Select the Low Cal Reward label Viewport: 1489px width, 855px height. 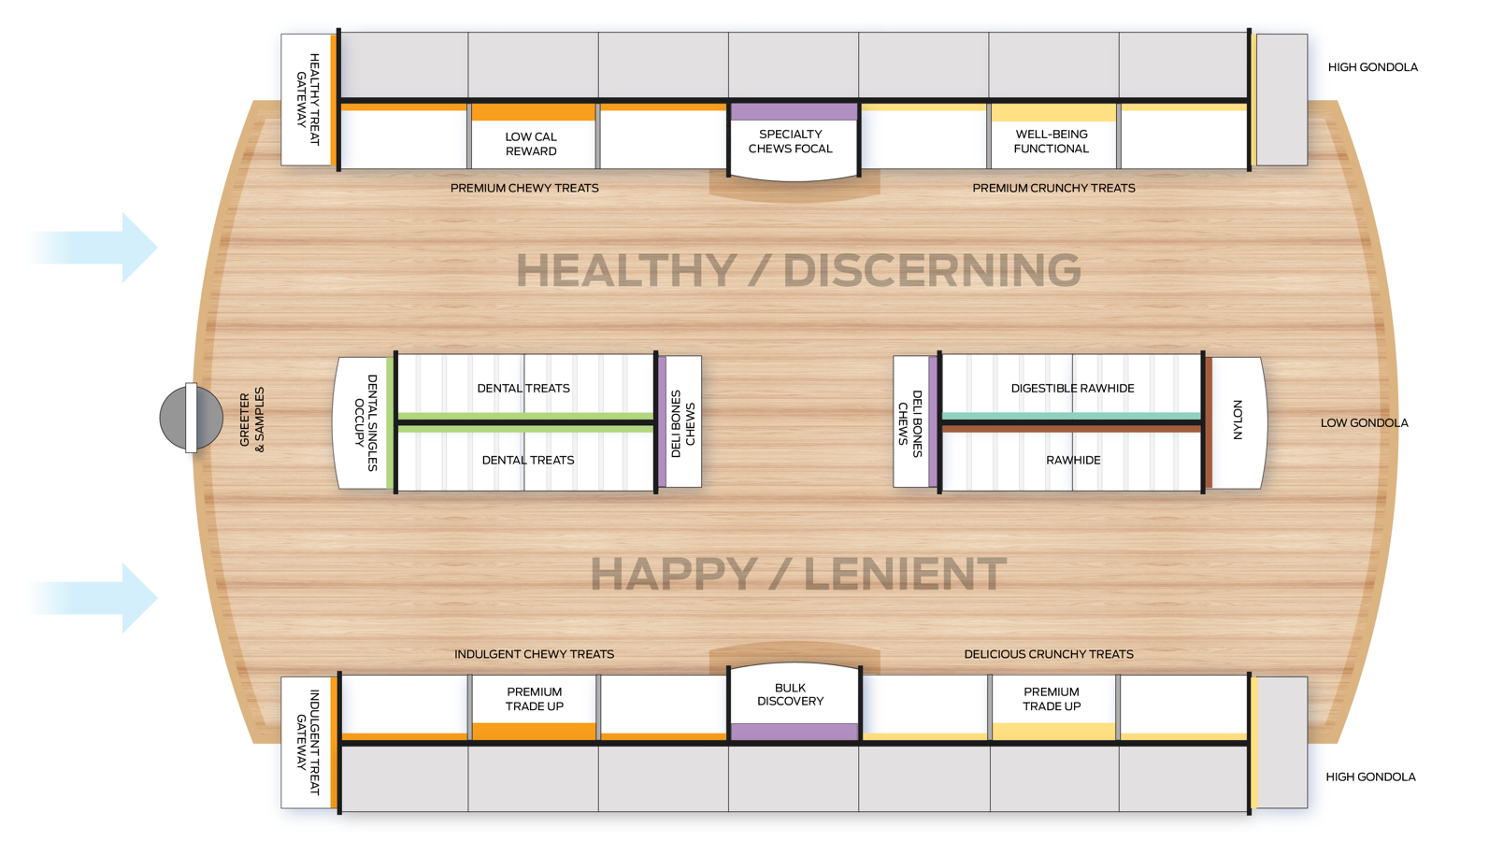tap(531, 144)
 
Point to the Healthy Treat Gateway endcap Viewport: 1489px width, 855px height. tap(308, 100)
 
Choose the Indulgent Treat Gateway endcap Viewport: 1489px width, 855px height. tap(308, 742)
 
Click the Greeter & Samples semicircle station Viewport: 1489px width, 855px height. tap(191, 418)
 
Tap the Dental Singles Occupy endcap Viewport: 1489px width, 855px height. tap(363, 423)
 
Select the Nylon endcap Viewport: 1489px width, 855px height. tap(1237, 423)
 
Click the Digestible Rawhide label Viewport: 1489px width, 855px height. tap(1072, 388)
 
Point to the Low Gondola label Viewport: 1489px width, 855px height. tap(1364, 422)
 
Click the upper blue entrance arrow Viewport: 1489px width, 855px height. tap(93, 248)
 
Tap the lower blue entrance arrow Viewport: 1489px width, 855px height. tap(93, 598)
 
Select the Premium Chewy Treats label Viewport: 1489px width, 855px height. tap(524, 188)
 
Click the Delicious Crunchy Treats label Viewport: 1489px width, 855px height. tap(1049, 654)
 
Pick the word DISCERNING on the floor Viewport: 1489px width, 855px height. tap(932, 270)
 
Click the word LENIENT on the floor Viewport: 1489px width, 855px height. tap(905, 574)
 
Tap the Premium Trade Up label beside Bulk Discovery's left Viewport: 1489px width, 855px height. tap(534, 699)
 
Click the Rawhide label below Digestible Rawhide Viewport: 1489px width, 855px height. tap(1073, 460)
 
